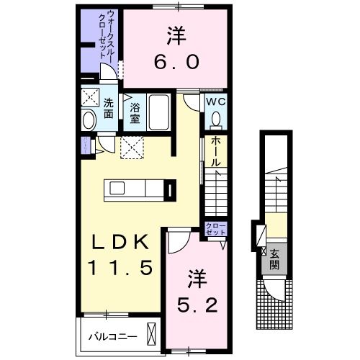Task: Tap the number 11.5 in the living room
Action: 120,269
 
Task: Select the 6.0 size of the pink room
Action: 175,63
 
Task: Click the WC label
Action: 217,102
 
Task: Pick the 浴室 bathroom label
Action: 135,112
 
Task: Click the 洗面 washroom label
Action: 109,107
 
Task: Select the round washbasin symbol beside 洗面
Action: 89,120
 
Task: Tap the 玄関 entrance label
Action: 276,259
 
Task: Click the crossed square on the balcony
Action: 152,334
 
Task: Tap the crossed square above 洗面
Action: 91,97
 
